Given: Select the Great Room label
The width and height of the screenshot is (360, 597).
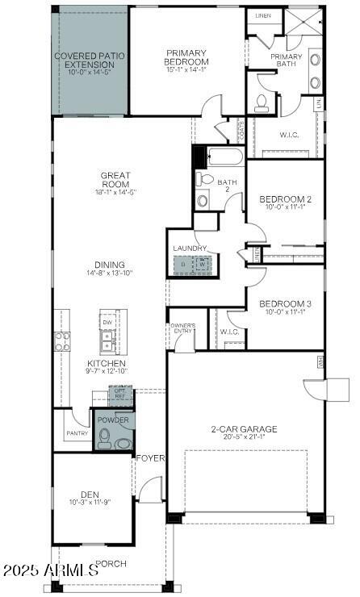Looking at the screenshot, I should click(115, 179).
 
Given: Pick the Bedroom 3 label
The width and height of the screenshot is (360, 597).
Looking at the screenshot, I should click(285, 303).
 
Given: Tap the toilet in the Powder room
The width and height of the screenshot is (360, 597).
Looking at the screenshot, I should click(104, 439).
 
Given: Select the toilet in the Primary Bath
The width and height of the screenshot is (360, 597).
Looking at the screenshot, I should click(262, 102).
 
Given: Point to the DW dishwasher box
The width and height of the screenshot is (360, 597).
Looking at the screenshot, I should click(107, 323).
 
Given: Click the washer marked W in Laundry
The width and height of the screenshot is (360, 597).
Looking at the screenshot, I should click(203, 264).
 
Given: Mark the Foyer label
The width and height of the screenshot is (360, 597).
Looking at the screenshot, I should click(150, 458).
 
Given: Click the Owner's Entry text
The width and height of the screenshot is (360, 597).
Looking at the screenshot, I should click(182, 328).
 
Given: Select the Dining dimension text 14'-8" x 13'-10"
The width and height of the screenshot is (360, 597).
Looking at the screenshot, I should click(110, 273).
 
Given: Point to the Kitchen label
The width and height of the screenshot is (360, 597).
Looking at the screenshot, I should click(107, 363).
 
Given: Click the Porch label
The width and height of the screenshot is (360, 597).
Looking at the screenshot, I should click(111, 563).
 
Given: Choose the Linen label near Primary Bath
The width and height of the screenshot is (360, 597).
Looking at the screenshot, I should click(263, 15).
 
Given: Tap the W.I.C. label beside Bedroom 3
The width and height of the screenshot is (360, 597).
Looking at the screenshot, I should click(228, 331).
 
